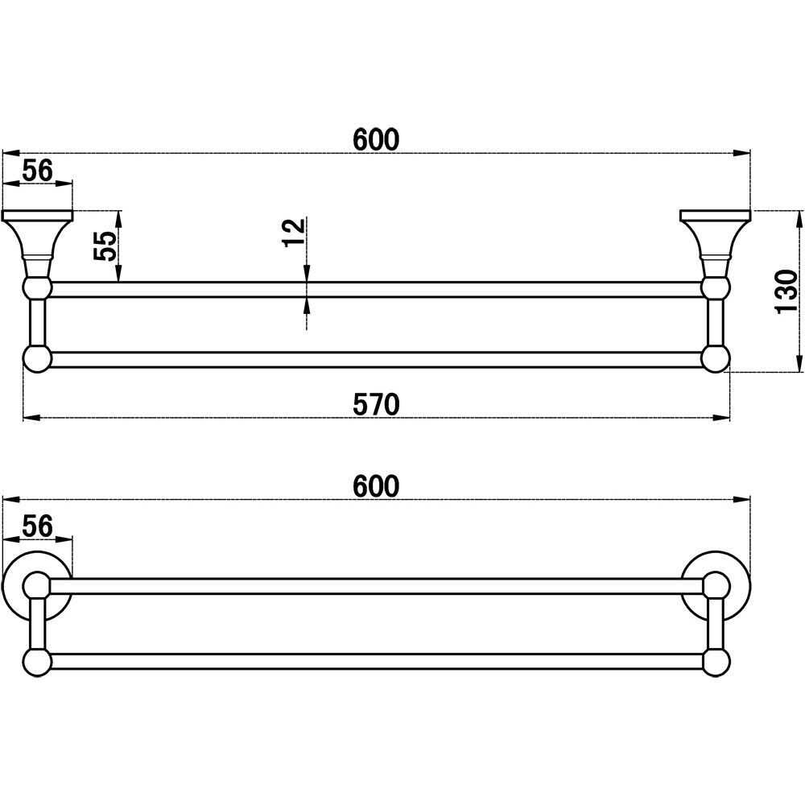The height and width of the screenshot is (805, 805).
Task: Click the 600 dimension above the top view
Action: tap(376, 139)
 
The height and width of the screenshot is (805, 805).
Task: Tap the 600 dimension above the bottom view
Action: tap(376, 485)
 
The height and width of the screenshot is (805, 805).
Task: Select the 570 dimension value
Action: tap(376, 404)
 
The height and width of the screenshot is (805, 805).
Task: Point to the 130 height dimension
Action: tap(786, 291)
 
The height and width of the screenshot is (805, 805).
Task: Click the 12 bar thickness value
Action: tap(294, 233)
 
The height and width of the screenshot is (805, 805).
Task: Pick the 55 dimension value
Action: tap(105, 246)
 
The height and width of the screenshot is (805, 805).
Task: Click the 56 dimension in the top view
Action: tap(38, 170)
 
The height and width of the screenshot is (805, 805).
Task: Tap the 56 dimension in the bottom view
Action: tap(38, 526)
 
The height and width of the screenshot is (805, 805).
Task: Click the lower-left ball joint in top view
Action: tap(38, 359)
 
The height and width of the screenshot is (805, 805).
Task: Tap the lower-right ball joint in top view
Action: tap(715, 359)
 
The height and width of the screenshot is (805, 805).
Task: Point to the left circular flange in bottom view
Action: tap(37, 586)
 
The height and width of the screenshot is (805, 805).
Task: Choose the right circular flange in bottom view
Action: tap(716, 586)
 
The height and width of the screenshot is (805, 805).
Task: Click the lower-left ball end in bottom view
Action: tap(38, 662)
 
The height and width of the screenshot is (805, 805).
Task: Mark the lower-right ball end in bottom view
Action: tap(716, 662)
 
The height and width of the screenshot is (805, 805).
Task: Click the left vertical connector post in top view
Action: tap(38, 323)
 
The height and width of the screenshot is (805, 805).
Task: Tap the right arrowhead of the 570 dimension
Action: tap(721, 418)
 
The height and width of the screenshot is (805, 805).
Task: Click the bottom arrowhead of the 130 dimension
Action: tap(800, 364)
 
